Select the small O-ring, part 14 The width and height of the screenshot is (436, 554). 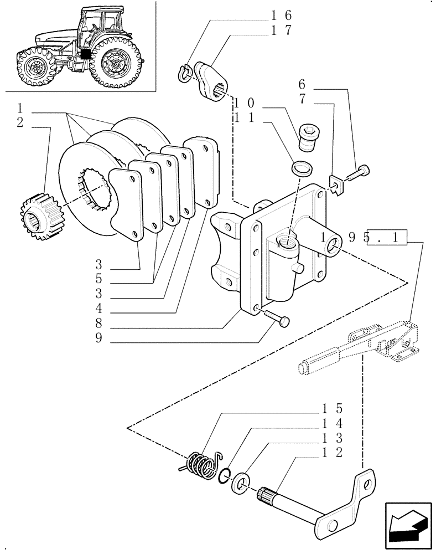tap(225, 475)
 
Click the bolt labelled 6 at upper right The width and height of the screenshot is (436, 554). tap(357, 173)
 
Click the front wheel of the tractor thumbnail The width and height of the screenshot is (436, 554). tap(38, 68)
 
